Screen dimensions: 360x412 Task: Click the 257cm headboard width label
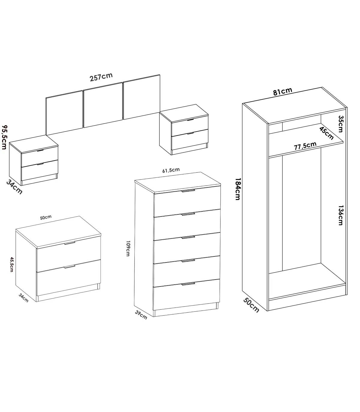(101, 77)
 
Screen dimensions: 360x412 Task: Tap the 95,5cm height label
(4, 137)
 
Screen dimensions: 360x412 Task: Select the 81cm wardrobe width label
(282, 92)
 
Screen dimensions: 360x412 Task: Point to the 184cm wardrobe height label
(238, 189)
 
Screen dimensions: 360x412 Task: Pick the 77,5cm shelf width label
(305, 146)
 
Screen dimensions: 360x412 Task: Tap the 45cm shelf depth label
(326, 133)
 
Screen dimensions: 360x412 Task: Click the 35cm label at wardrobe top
(341, 124)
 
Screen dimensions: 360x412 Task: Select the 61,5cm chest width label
(171, 170)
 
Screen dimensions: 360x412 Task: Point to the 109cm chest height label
(128, 248)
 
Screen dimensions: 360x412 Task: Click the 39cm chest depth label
(141, 315)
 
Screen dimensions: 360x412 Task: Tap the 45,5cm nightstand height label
(12, 264)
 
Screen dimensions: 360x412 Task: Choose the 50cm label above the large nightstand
(46, 217)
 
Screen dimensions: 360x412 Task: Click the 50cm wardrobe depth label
(251, 305)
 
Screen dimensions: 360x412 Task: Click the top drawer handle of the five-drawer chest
(188, 190)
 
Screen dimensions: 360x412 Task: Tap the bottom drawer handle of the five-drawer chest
(188, 284)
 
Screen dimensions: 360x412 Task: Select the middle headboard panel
(103, 105)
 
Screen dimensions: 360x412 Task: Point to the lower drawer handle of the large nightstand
(70, 267)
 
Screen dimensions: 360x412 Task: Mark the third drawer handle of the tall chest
(188, 238)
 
